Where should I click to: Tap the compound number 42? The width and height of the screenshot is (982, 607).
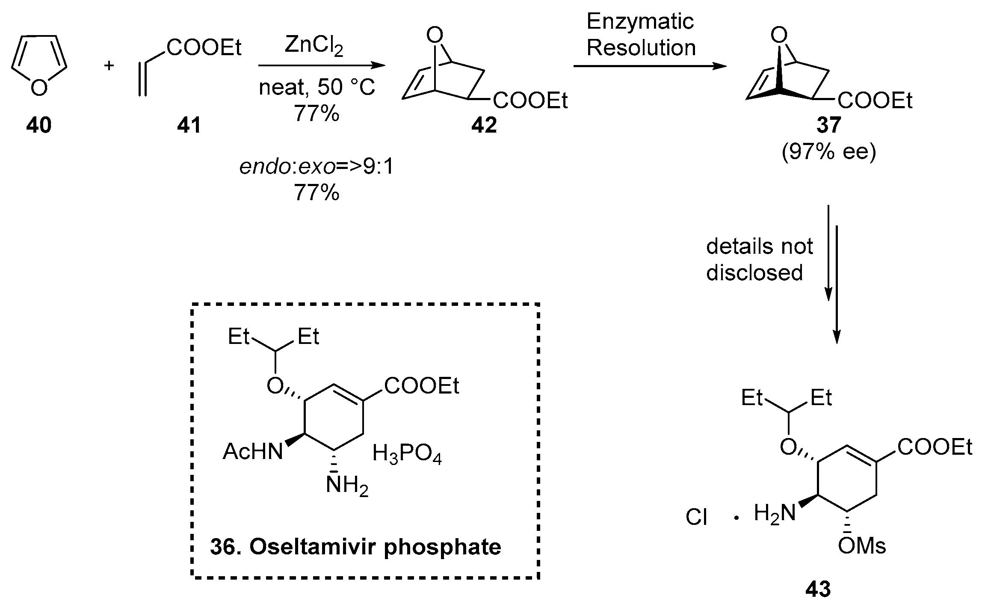coord(484,125)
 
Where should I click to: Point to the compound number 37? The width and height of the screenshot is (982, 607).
coord(828,125)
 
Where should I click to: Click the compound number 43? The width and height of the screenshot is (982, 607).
coord(818,590)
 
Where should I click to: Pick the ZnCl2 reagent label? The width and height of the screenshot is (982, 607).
coord(314,46)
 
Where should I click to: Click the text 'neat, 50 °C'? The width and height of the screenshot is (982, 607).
coord(316,88)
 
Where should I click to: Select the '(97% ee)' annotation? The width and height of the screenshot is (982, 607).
coord(828,152)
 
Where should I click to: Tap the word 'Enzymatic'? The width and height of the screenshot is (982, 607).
coord(640,21)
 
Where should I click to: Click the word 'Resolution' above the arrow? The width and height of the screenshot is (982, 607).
coord(641,47)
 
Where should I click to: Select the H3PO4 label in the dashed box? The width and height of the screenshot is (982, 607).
coord(407,454)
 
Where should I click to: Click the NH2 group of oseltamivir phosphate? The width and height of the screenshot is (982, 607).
coord(346,486)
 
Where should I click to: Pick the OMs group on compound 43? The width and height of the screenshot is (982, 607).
coord(861,546)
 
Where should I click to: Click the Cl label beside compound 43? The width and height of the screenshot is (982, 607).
coord(696,517)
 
